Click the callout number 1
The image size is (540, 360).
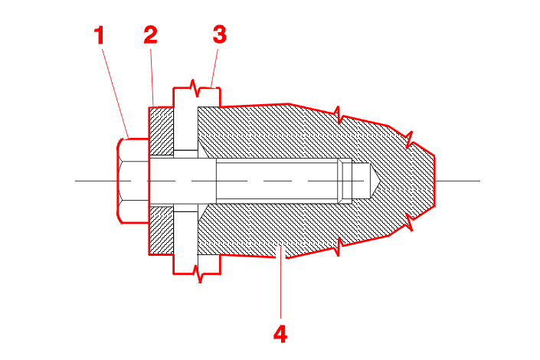[x=99, y=35]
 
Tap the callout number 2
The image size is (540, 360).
[x=149, y=35]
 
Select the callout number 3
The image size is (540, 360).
[x=219, y=35]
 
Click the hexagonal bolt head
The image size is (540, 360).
[x=133, y=181]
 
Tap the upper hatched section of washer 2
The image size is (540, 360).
[x=162, y=130]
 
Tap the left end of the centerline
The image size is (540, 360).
[x=77, y=181]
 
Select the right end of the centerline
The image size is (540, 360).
[x=479, y=181]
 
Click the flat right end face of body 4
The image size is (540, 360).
[x=435, y=181]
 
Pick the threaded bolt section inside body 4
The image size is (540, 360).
[x=276, y=181]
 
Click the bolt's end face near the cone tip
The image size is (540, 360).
[x=351, y=181]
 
